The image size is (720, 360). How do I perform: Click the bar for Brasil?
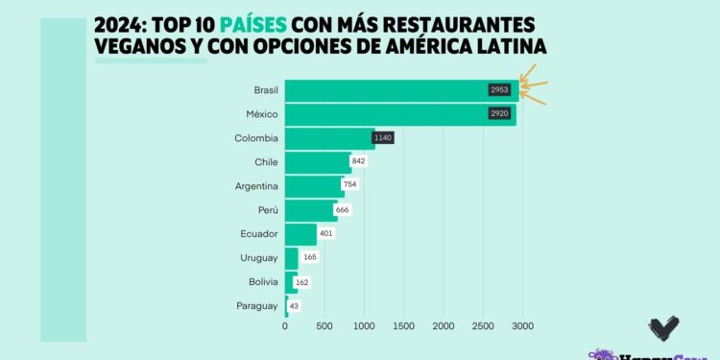coord(384,91)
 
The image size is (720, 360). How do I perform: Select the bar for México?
coord(384,114)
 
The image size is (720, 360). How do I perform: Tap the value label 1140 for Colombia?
coord(383,138)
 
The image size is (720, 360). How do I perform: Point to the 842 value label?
coord(358,162)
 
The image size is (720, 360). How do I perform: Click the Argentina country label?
coord(256,186)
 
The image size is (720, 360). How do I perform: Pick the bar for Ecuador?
coord(300,233)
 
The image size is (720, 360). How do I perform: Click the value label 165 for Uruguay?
coord(310,257)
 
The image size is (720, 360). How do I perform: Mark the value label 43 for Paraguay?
coord(295,305)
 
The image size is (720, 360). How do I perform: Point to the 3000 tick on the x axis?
coord(521,327)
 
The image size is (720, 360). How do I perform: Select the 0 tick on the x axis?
coord(285,327)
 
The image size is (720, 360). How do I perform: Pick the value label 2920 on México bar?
coord(498,114)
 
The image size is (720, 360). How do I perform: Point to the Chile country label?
coord(266,162)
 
